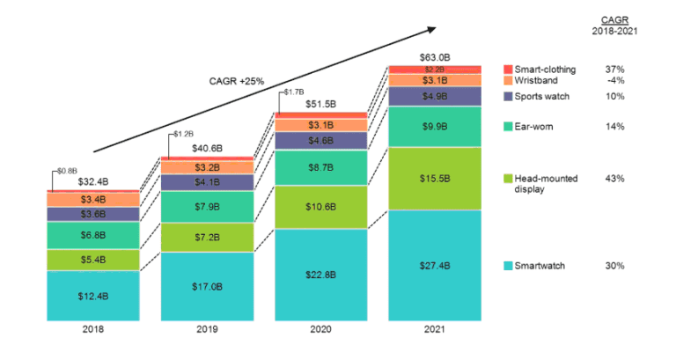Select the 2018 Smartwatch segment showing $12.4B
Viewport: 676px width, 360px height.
click(x=92, y=295)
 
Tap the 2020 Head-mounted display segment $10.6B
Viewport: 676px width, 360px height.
click(x=320, y=207)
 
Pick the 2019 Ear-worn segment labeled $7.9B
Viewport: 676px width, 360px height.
click(x=206, y=207)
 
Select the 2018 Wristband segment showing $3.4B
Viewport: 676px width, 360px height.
click(x=92, y=199)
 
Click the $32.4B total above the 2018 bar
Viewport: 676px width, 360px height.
click(x=92, y=182)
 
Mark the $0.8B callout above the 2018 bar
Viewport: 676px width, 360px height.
click(x=67, y=170)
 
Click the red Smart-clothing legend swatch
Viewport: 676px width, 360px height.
click(x=508, y=68)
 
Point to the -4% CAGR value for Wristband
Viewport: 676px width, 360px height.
click(x=614, y=80)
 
